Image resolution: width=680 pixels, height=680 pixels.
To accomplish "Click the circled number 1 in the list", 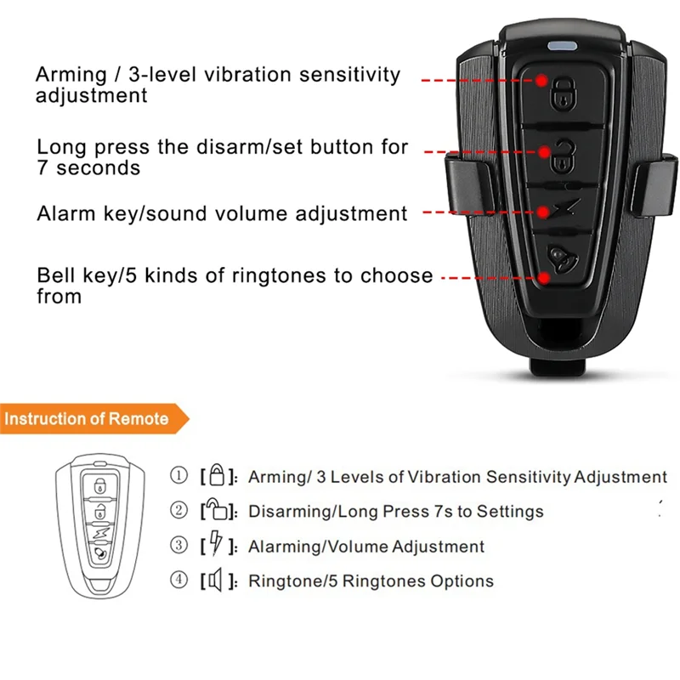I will (178, 476).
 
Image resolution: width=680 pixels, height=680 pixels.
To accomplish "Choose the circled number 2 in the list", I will (178, 511).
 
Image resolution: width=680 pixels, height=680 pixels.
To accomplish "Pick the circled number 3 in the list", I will (178, 546).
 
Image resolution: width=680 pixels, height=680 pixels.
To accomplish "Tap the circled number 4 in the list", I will (178, 581).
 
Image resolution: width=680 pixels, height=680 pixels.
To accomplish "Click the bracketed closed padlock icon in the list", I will (217, 476).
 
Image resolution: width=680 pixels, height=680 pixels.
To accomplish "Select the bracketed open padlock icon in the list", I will (217, 511).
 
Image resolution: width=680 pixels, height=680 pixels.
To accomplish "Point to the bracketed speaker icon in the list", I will (216, 581).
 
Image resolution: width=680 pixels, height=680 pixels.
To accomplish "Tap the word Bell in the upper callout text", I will (54, 275).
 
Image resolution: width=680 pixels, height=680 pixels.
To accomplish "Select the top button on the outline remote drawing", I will (100, 486).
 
